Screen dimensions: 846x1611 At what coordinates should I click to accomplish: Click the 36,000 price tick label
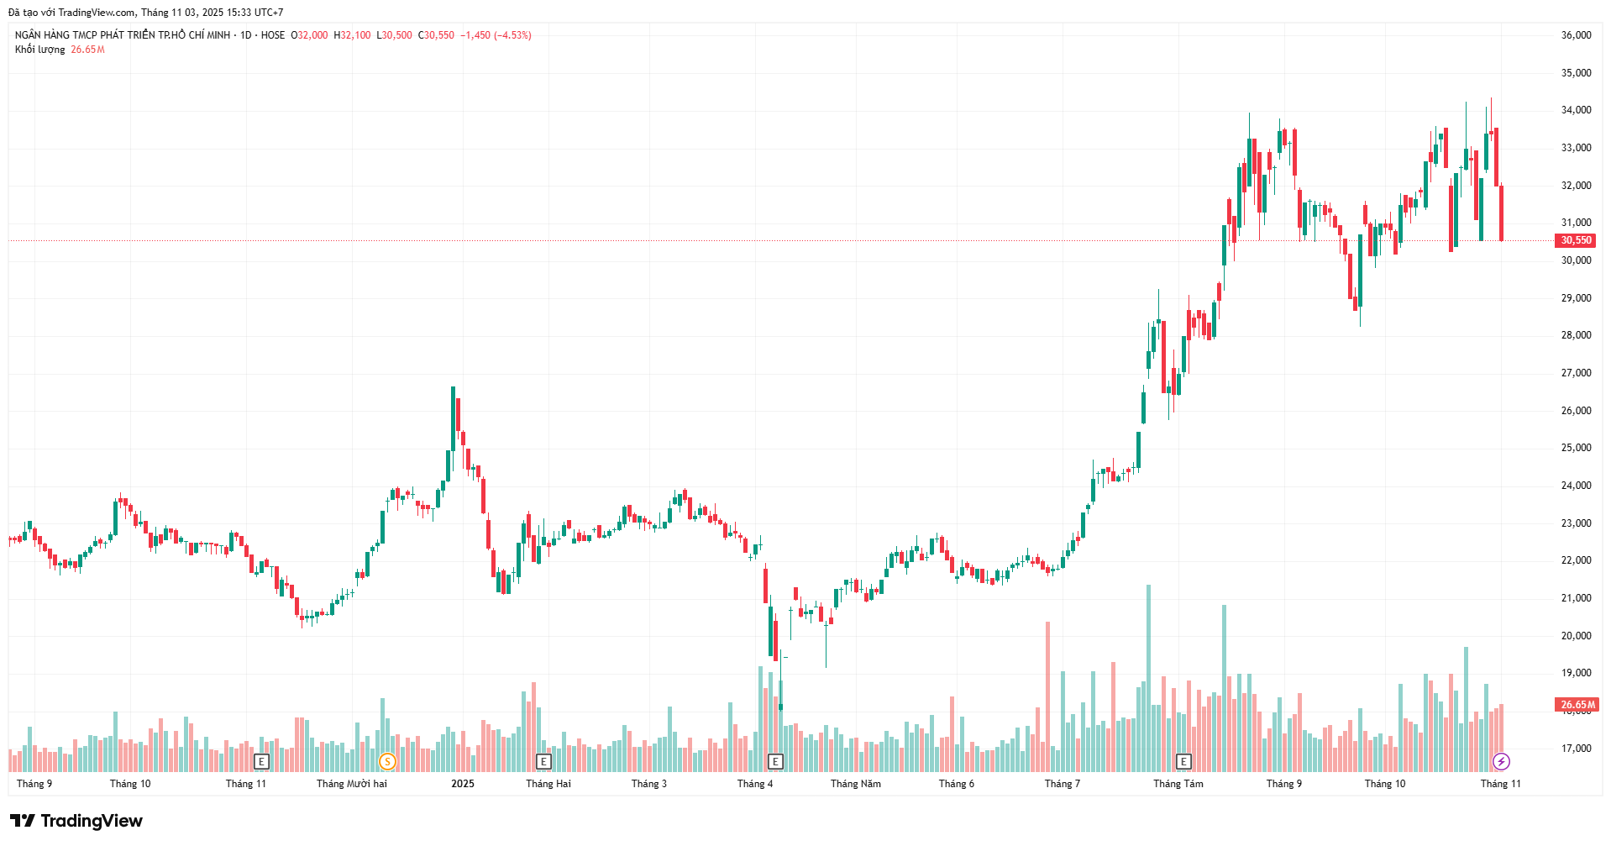point(1576,35)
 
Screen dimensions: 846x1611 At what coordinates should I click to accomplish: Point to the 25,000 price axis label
point(1576,448)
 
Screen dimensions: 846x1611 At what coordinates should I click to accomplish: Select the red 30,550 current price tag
point(1576,240)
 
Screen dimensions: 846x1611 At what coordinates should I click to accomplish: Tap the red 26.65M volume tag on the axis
point(1577,705)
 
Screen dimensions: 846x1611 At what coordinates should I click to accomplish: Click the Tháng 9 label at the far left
point(34,784)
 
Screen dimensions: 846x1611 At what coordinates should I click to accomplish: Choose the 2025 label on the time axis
point(462,784)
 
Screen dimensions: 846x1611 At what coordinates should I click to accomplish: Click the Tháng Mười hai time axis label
point(352,784)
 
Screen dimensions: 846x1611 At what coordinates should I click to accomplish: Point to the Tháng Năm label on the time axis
point(855,784)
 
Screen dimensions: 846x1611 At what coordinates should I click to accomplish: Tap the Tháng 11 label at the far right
point(1500,784)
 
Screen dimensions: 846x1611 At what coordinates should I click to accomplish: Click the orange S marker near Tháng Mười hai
point(387,762)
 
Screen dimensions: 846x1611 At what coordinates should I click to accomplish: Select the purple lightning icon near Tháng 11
point(1501,762)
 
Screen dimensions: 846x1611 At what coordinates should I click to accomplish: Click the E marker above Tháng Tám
point(1183,762)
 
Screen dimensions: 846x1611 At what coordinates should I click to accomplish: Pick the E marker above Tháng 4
point(775,762)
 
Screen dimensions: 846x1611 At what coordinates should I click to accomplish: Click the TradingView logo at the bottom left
point(76,821)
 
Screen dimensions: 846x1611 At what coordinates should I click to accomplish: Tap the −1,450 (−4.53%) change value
point(496,35)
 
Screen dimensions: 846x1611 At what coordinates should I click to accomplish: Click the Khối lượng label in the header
point(39,50)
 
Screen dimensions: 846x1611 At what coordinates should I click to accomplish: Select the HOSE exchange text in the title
point(273,35)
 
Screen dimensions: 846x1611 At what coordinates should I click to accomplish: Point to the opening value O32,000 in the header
point(309,35)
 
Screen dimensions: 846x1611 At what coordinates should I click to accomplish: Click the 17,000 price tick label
point(1576,749)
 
